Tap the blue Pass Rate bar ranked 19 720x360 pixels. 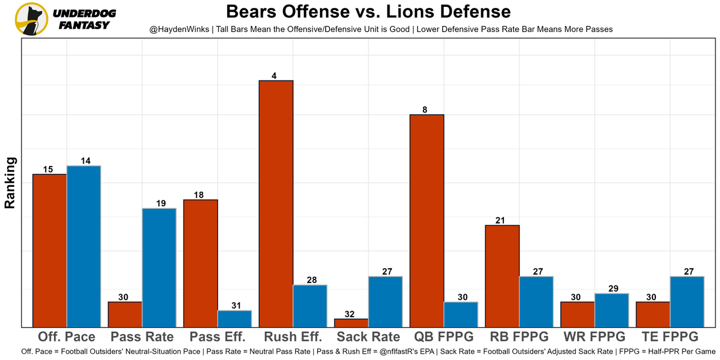click(159, 267)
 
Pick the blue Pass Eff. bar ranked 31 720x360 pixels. click(235, 318)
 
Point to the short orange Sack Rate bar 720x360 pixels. click(351, 323)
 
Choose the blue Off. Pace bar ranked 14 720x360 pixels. click(84, 246)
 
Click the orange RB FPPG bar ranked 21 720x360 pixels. click(502, 276)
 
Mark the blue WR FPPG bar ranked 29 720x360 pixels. click(611, 310)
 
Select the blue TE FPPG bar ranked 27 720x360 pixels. click(687, 301)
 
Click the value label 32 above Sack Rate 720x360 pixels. click(350, 314)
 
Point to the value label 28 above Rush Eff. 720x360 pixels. click(309, 280)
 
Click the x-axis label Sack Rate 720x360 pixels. click(368, 337)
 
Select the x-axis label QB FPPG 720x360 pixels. click(444, 337)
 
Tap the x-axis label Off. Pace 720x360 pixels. click(66, 337)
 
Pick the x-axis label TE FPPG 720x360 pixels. click(670, 337)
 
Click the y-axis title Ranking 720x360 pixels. click(10, 183)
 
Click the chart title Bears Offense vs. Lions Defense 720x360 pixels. click(368, 11)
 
